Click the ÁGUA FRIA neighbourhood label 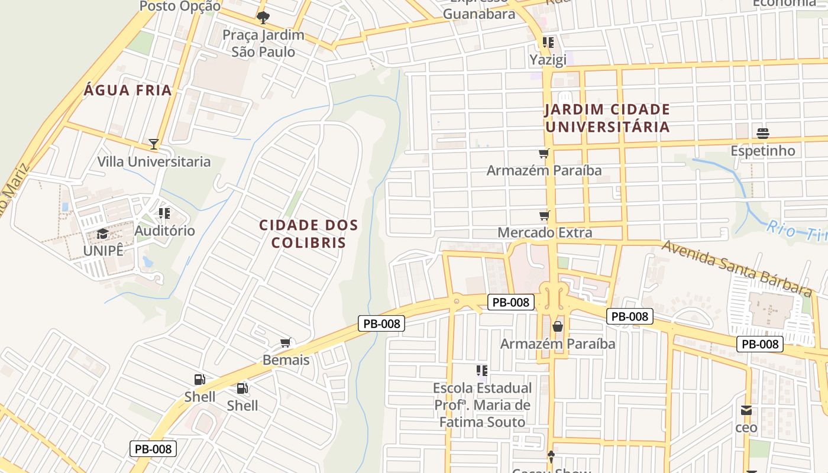coord(128,90)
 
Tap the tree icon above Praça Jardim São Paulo coord(263,18)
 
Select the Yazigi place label coord(548,59)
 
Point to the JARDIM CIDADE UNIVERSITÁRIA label coord(607,118)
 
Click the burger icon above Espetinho coord(762,133)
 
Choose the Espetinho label coord(762,151)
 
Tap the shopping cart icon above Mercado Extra coord(544,215)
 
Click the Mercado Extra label coord(544,232)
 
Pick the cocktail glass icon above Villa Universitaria coord(154,144)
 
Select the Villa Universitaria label coord(154,161)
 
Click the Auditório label coord(164,231)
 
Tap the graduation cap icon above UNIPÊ coord(103,234)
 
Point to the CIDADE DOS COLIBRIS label coord(309,234)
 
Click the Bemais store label coord(286,359)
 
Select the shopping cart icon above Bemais coord(286,343)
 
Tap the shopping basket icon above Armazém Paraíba coord(557,326)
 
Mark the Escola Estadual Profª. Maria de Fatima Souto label coord(482,405)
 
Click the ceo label coord(746,427)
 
